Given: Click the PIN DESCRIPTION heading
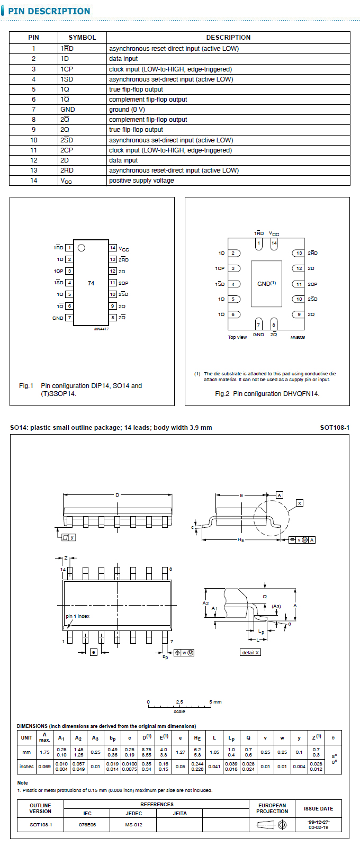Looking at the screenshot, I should (49, 11).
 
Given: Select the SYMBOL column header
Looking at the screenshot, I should (82, 38).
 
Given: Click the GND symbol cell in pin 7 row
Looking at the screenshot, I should (68, 110).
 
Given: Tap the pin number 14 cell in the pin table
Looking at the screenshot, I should (33, 181).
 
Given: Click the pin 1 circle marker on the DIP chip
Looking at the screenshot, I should (81, 247).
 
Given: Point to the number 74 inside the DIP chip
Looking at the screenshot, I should (91, 283).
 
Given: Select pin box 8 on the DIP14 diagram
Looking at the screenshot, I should (113, 318).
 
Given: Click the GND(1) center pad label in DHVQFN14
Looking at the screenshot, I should (266, 284).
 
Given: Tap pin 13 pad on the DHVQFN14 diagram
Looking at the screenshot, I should (299, 253).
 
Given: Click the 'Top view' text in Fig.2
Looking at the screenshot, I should (237, 337).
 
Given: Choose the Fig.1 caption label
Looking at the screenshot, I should (26, 386).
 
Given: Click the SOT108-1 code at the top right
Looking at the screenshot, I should (335, 428).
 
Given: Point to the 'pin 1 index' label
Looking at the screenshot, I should (77, 616).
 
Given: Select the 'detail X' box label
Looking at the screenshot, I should (250, 652).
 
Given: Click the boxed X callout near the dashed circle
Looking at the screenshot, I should (300, 502).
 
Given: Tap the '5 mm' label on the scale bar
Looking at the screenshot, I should (215, 702).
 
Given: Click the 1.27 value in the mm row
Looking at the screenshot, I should (180, 752).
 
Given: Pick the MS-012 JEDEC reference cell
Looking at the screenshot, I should (133, 825).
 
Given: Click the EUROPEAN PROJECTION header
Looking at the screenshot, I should (272, 808).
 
